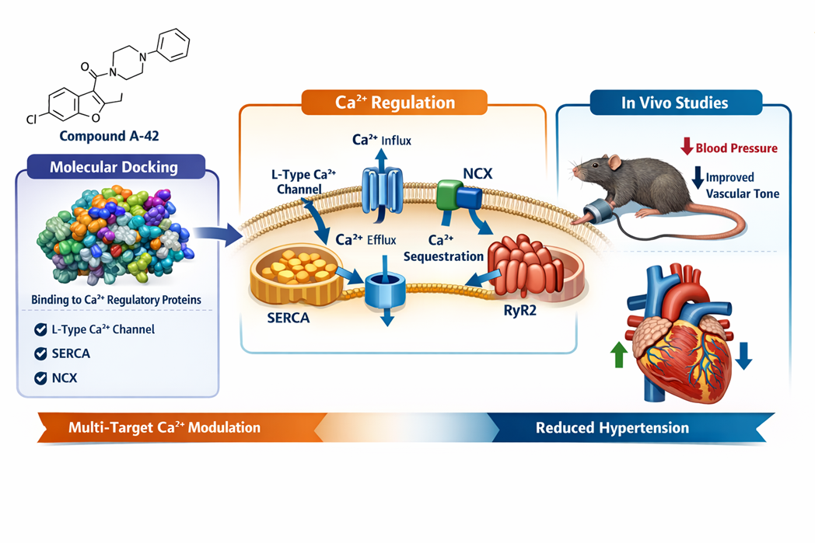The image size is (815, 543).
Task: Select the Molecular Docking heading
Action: point(114,167)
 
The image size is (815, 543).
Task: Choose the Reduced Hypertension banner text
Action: point(612,428)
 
